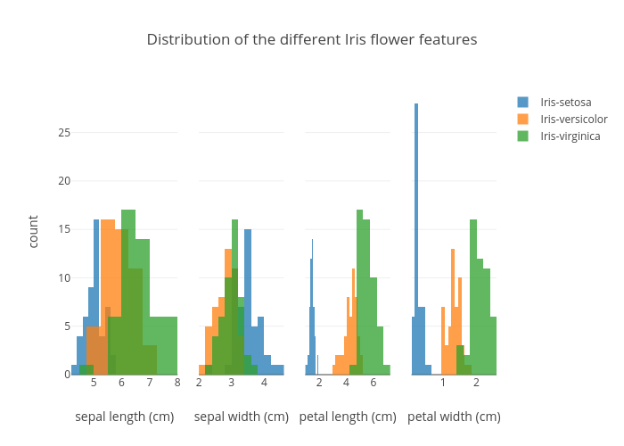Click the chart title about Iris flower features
click(312, 40)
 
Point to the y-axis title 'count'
click(34, 232)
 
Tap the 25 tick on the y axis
click(64, 133)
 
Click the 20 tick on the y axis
click(64, 181)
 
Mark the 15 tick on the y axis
click(64, 229)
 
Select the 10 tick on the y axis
click(64, 277)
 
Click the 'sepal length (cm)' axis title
click(125, 417)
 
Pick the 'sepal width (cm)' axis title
click(242, 417)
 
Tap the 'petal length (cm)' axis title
click(348, 417)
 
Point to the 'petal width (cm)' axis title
click(454, 417)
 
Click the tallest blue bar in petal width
click(415, 241)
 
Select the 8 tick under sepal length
click(177, 383)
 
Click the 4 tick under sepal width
click(264, 383)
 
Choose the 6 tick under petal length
click(374, 383)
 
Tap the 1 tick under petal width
click(442, 383)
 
